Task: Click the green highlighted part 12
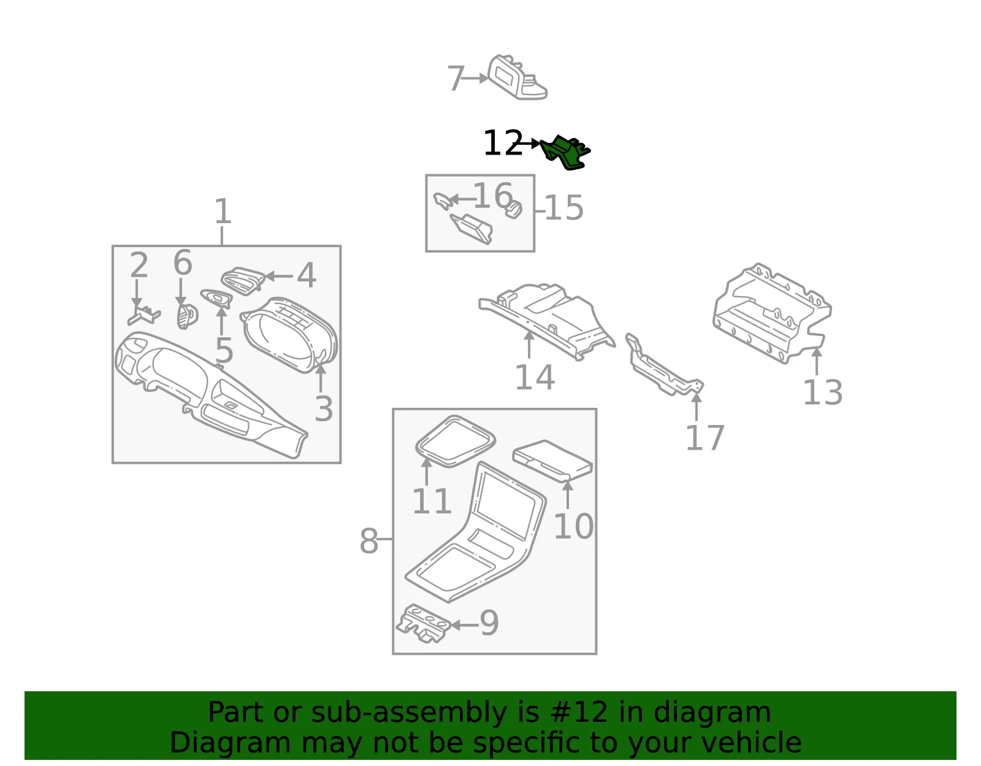566,153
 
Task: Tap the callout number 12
503,143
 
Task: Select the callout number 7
456,78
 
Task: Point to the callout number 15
564,208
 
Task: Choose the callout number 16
492,196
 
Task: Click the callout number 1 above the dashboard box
223,211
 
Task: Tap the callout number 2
139,265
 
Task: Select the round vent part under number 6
188,316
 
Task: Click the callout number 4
306,275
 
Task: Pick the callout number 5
224,350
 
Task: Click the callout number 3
324,409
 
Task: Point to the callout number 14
535,377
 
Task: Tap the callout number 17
704,437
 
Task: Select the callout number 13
823,393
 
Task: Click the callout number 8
368,541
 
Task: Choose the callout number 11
432,501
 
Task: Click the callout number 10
573,526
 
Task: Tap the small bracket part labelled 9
424,623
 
